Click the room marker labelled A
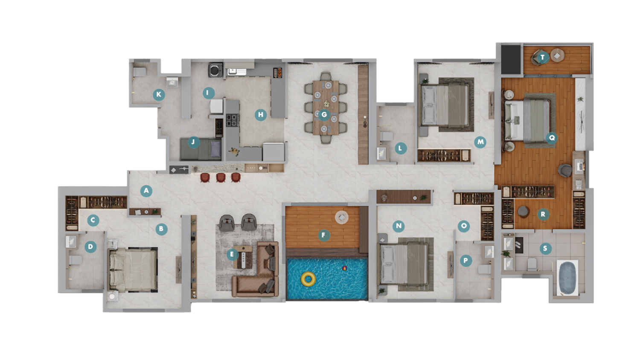[x=146, y=191]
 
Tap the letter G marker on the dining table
[x=324, y=115]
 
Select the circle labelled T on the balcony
[x=543, y=58]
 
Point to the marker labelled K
[x=159, y=94]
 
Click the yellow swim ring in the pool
[x=308, y=279]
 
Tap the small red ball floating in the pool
[x=345, y=268]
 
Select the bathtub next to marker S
[x=567, y=278]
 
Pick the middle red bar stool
[x=221, y=177]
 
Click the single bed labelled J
[x=201, y=149]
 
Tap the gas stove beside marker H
[x=232, y=120]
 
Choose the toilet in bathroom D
[x=76, y=260]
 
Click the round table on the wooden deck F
[x=341, y=218]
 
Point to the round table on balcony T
[x=557, y=55]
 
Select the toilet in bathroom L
[x=387, y=136]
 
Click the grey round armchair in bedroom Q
[x=565, y=171]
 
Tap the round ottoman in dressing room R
[x=524, y=212]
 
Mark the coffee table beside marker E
[x=243, y=257]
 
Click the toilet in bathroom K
[x=140, y=72]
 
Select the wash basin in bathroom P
[x=489, y=252]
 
